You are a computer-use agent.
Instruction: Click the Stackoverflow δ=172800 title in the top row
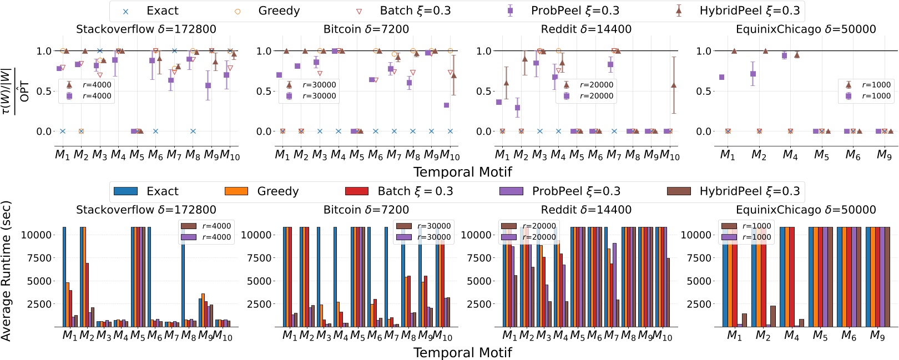pos(146,29)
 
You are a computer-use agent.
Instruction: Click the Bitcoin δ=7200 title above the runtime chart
pos(366,210)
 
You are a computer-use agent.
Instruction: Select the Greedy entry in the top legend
pos(279,11)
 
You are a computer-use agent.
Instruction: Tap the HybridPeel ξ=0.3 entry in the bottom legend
pos(749,191)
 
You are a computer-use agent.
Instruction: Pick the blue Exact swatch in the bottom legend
pos(125,191)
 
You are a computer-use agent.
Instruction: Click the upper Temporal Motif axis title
pos(462,172)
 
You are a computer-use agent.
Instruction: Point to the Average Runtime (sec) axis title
pos(6,270)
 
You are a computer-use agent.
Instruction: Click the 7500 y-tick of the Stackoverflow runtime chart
pos(37,258)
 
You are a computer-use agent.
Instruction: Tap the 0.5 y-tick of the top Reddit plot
pos(483,92)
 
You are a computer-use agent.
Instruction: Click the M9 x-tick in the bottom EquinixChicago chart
pos(877,336)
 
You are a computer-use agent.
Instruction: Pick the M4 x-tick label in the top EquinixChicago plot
pos(790,155)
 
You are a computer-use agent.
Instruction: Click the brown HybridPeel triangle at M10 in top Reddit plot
pos(674,85)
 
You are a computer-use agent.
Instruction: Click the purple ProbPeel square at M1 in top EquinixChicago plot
pos(721,77)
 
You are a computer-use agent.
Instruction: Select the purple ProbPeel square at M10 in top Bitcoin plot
pos(446,105)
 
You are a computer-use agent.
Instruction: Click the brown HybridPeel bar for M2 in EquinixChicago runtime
pos(773,316)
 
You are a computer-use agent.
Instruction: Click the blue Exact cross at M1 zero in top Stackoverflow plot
pos(62,131)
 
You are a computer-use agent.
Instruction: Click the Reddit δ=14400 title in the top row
pos(586,29)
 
